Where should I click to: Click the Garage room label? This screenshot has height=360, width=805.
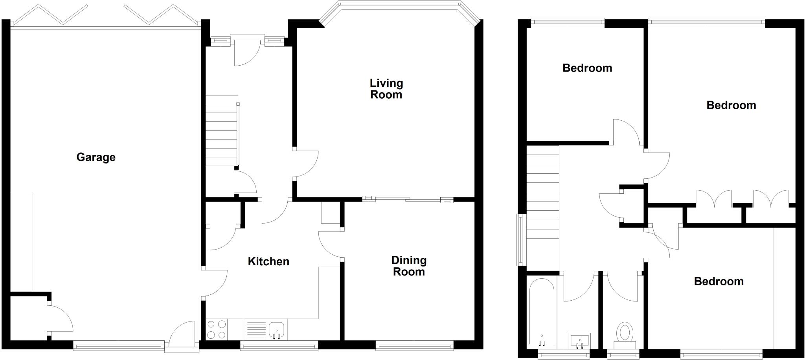tap(96, 157)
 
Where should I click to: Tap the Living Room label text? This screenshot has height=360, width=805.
tap(386, 89)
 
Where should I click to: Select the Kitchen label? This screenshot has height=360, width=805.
tap(268, 261)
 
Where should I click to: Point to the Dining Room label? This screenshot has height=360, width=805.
tap(409, 266)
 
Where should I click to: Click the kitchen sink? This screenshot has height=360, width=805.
tap(277, 329)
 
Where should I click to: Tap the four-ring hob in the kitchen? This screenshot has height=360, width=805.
tap(217, 329)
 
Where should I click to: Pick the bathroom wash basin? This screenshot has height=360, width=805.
tap(579, 340)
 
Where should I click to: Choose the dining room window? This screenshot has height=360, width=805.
tap(414, 346)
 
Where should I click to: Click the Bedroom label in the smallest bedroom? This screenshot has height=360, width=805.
tap(587, 68)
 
